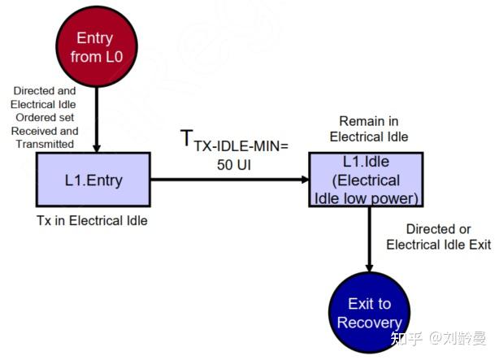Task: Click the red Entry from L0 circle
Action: [x=95, y=47]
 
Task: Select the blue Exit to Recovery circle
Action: [x=369, y=313]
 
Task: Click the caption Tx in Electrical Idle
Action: [x=92, y=219]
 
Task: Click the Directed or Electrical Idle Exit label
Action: [x=438, y=236]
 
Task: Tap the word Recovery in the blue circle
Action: [x=370, y=323]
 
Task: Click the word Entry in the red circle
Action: [x=94, y=37]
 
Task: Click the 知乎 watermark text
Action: [x=406, y=336]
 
